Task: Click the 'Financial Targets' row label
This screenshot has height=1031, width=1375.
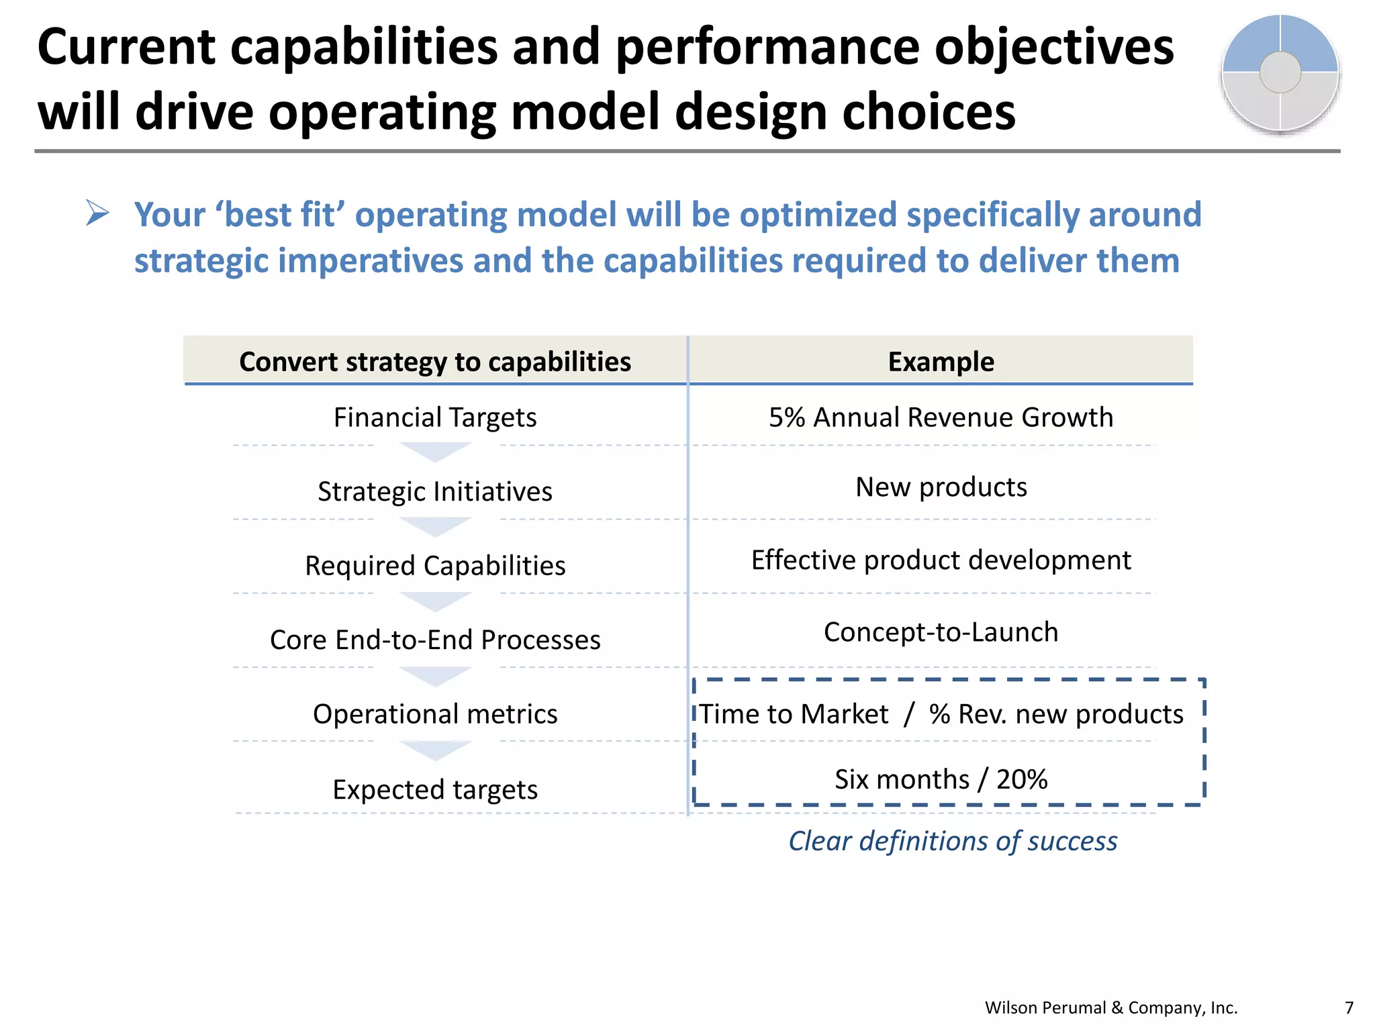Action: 435,418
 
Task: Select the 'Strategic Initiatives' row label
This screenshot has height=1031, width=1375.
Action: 435,491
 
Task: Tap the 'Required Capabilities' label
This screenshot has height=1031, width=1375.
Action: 435,566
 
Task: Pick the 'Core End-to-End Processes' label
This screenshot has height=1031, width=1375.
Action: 435,640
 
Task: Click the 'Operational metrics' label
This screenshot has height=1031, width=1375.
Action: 435,714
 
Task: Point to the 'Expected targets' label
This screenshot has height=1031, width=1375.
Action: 435,789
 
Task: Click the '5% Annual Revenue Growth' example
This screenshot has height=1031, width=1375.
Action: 941,418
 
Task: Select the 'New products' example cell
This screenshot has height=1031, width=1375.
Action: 941,487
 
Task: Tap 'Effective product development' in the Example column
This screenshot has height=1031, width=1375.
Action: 941,560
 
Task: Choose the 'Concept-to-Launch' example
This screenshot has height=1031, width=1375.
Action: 941,632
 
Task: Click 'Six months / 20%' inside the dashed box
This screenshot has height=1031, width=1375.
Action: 941,779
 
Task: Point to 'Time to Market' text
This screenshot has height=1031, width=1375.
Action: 794,714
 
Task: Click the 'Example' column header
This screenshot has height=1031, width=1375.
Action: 941,362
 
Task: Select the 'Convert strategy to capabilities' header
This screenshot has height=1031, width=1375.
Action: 435,362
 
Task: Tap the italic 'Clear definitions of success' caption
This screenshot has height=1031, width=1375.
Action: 953,841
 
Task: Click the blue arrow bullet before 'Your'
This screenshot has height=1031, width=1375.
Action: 97,214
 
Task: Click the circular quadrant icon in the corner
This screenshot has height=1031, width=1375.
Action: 1280,73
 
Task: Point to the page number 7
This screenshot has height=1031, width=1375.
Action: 1349,1008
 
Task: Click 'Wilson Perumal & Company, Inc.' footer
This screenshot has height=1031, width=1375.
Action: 1110,1008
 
